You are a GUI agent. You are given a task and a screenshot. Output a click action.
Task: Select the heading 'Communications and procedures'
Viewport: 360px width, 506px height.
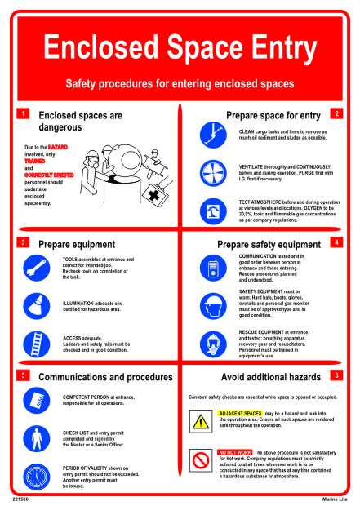pos(105,377)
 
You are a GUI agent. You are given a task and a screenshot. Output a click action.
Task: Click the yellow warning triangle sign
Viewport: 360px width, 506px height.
pos(201,421)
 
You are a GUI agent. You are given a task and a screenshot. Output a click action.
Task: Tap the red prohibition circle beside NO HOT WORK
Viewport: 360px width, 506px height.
pos(201,459)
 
